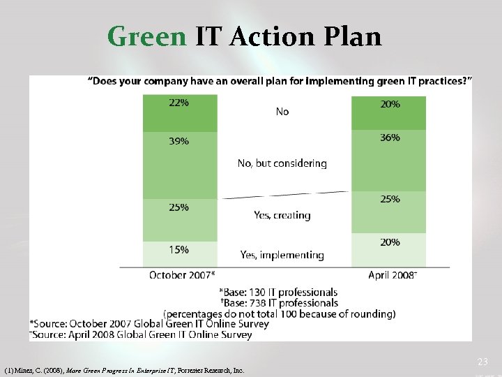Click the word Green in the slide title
(x=147, y=36)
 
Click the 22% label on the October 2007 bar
(x=178, y=102)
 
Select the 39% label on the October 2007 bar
(x=178, y=141)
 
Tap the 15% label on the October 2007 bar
(x=178, y=249)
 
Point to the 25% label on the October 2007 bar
(x=178, y=207)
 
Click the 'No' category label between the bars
(x=282, y=112)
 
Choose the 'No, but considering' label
(x=282, y=163)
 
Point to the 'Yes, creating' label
(x=282, y=215)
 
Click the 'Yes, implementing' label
(x=282, y=256)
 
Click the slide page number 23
(x=482, y=362)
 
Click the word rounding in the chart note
(x=372, y=314)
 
